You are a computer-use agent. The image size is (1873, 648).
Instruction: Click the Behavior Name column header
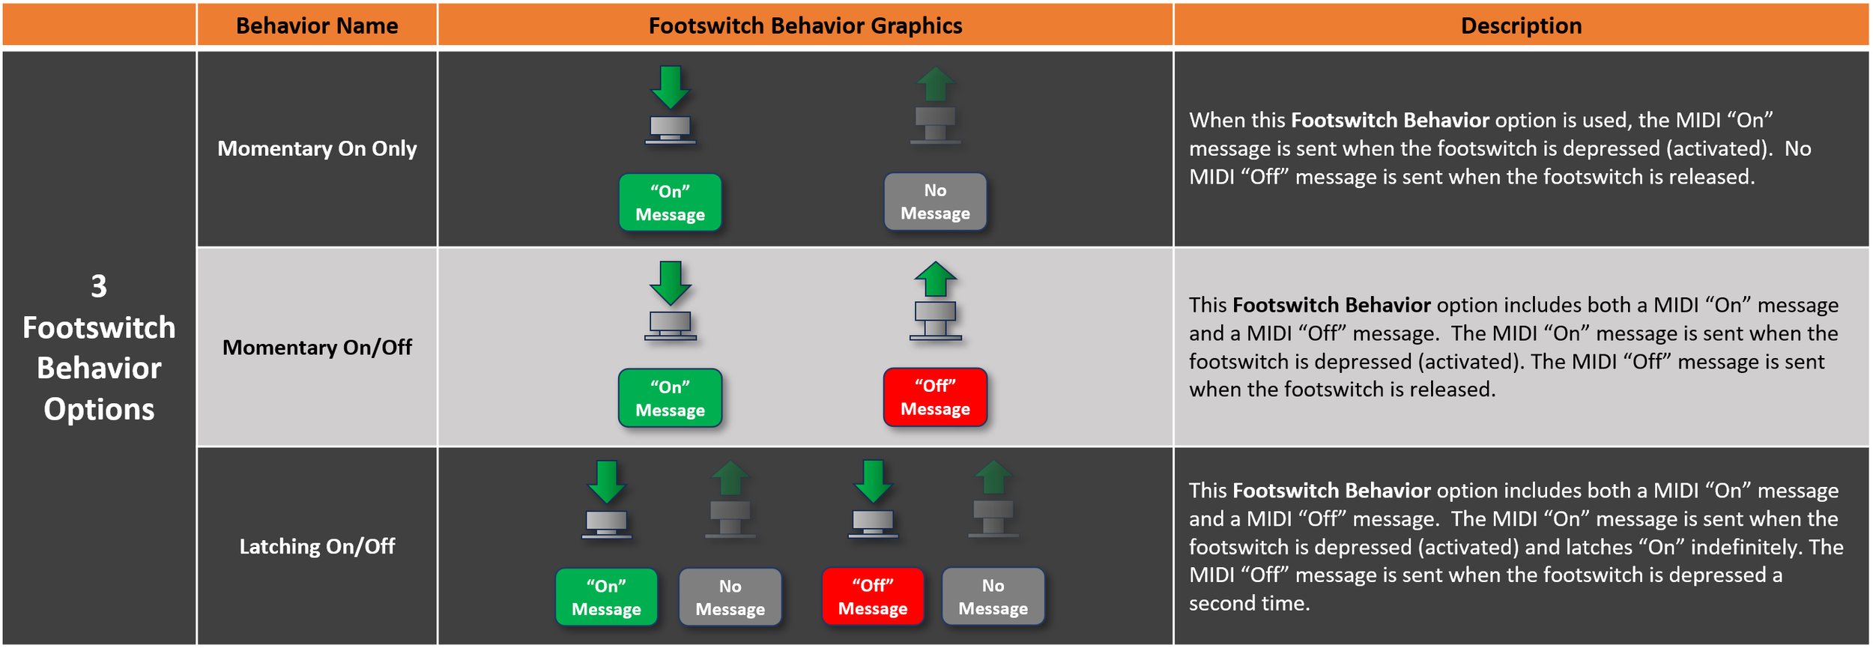(317, 25)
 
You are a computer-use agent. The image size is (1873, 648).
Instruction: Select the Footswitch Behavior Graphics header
(805, 25)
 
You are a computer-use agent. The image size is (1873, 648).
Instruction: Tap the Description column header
(1521, 25)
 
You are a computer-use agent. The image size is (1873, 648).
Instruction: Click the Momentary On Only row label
(317, 148)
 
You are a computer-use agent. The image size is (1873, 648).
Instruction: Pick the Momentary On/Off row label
(317, 348)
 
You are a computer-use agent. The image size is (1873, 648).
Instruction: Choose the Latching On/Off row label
(317, 546)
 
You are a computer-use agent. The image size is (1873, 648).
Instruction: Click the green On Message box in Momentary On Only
(670, 202)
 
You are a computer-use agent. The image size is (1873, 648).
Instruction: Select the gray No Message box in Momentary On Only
(935, 202)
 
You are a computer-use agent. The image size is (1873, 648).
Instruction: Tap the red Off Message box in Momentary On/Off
(935, 397)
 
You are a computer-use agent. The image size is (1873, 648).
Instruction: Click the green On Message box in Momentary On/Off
(670, 398)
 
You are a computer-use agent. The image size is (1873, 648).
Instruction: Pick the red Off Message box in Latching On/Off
(873, 596)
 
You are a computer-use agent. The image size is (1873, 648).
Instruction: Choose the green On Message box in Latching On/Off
(606, 596)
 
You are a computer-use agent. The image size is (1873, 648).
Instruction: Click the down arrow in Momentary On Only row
(670, 87)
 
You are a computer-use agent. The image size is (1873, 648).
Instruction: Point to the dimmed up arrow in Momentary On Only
(935, 84)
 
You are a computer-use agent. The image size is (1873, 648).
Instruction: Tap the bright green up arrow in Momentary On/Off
(935, 279)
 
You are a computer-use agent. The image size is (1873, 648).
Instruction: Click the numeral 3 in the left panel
(99, 286)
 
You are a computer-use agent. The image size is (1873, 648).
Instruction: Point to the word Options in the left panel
(99, 409)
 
